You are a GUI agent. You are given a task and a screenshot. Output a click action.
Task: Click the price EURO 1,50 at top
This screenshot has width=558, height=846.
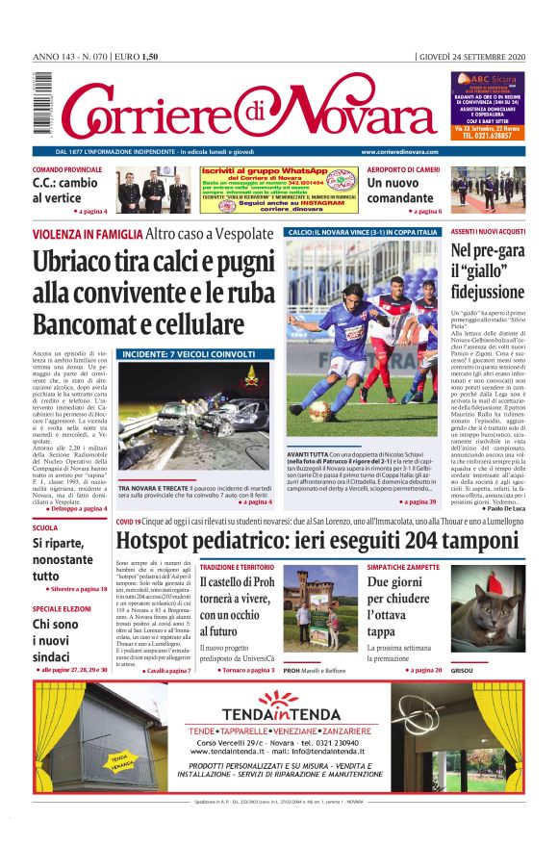136,57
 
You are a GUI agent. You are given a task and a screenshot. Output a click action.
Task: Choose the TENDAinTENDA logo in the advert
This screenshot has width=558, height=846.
278,717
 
